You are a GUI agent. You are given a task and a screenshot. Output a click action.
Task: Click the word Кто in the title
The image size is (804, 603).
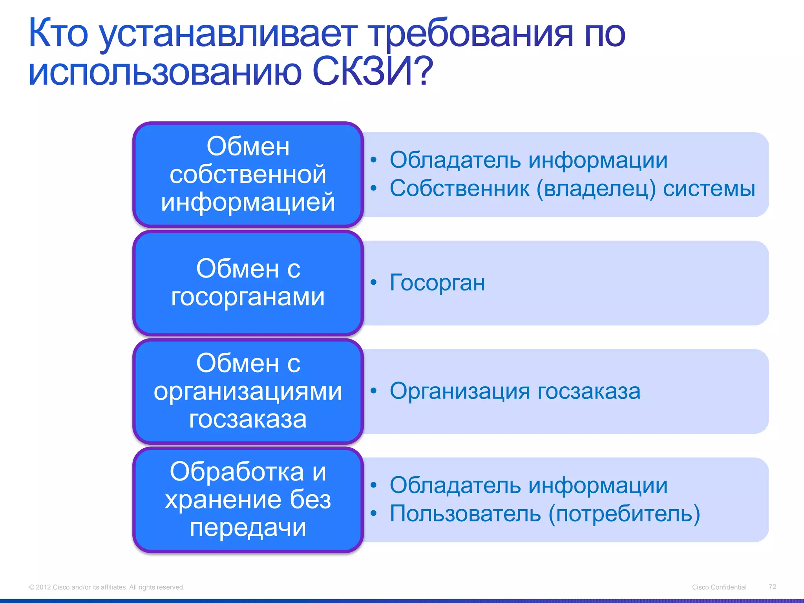[x=58, y=33]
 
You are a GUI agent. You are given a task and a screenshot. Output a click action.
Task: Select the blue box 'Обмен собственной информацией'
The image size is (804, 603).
[x=248, y=174]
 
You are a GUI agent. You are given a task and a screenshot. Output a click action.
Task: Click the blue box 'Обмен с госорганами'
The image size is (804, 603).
[x=248, y=283]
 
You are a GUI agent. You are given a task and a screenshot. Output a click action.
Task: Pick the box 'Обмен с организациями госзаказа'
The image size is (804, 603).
[x=248, y=391]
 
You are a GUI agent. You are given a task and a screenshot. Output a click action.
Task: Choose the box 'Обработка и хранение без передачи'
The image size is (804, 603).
[x=248, y=499]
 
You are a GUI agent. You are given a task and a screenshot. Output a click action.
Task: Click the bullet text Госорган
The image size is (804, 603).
[x=437, y=283]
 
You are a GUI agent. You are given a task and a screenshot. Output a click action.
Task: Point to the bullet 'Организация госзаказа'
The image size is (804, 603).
[x=515, y=391]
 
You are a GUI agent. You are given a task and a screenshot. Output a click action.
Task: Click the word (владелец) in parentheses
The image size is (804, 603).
[x=596, y=188]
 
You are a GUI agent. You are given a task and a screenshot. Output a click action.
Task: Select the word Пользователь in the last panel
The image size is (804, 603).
[x=465, y=513]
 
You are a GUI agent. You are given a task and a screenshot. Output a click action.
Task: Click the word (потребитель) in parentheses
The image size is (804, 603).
[x=624, y=513]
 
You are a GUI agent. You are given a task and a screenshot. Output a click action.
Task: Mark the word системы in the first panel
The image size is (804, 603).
[x=709, y=188]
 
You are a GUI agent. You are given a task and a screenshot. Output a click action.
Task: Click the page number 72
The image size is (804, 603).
[x=772, y=587]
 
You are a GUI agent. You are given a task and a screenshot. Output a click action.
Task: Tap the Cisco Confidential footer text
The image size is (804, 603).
[x=719, y=587]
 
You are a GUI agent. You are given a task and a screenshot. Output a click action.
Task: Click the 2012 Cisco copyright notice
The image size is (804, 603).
[x=106, y=587]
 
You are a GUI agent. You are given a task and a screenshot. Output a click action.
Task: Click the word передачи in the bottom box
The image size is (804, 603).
[x=248, y=527]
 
